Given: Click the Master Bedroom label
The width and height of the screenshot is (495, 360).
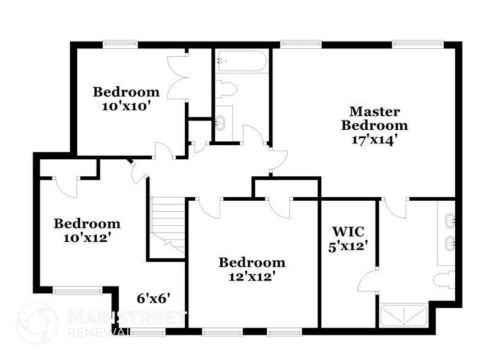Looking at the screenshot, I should point(374,118).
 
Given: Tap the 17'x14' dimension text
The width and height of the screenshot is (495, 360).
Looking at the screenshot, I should point(374,139).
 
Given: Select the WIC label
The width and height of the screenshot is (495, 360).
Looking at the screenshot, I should point(348,232).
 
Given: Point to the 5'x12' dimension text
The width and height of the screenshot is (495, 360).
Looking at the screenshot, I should point(348,247).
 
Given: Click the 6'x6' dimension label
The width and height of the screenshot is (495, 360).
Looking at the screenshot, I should point(152,299).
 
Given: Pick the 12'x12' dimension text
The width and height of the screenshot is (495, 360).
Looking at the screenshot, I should point(252,276).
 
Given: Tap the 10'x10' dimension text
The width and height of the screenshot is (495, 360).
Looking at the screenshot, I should point(126,105).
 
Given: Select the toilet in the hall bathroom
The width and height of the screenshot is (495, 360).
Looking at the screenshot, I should point(226,89).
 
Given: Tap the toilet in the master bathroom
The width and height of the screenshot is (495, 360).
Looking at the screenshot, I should point(444,280).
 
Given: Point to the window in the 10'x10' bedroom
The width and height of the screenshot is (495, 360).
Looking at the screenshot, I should point(119,43).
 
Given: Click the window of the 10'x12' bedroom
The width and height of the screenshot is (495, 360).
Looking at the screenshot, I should point(77,291).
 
